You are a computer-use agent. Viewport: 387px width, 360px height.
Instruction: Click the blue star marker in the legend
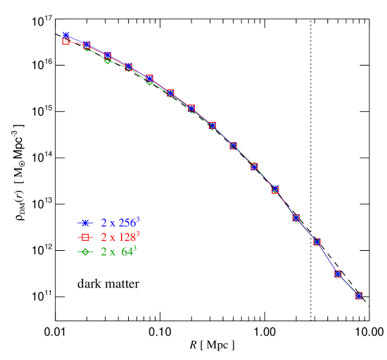pyautogui.click(x=86, y=223)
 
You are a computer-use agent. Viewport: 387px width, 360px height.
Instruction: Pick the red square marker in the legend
pyautogui.click(x=86, y=237)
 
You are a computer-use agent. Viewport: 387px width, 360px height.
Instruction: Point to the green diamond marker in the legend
pyautogui.click(x=86, y=252)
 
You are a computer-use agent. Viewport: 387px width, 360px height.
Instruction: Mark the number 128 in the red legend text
pyautogui.click(x=127, y=237)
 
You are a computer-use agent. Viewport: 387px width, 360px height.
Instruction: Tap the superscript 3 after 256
pyautogui.click(x=138, y=219)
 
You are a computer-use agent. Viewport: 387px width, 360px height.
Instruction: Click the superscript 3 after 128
pyautogui.click(x=138, y=233)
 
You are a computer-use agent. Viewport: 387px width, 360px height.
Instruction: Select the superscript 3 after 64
pyautogui.click(x=134, y=248)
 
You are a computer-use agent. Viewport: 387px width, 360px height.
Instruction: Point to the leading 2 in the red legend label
pyautogui.click(x=103, y=237)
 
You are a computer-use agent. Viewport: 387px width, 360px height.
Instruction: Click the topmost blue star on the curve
pyautogui.click(x=65, y=35)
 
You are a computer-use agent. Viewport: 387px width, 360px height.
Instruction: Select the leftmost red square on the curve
pyautogui.click(x=65, y=42)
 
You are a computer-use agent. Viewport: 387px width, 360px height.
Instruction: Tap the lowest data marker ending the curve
pyautogui.click(x=359, y=296)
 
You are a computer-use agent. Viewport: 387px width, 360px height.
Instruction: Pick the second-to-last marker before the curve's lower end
pyautogui.click(x=338, y=273)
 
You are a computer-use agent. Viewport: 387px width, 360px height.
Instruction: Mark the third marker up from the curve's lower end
pyautogui.click(x=317, y=242)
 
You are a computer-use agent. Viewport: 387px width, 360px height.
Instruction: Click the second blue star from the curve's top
pyautogui.click(x=87, y=44)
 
